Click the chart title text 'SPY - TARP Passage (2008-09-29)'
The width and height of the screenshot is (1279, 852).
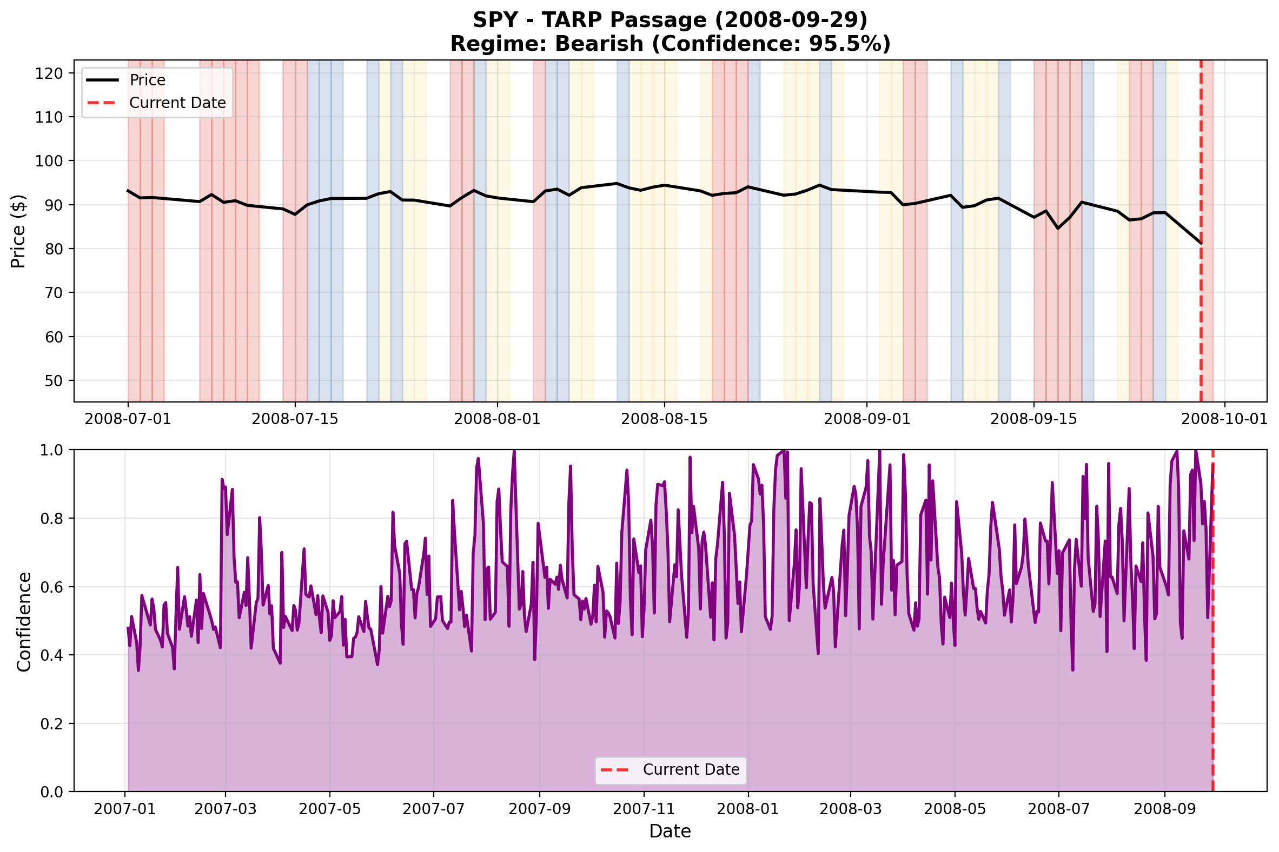click(670, 20)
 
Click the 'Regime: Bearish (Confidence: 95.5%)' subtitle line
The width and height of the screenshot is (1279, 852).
click(670, 44)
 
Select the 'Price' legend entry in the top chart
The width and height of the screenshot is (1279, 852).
click(147, 80)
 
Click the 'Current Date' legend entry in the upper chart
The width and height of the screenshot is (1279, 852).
click(177, 103)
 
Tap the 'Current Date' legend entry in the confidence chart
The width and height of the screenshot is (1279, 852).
click(691, 770)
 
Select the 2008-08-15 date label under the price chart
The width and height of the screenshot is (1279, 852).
click(664, 419)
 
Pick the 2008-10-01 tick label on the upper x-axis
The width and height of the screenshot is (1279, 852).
click(1224, 419)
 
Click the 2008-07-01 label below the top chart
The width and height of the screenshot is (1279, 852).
click(128, 419)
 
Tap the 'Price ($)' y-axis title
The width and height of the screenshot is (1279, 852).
click(18, 231)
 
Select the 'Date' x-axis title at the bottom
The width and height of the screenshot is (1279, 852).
click(670, 831)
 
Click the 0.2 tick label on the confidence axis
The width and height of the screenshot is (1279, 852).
click(52, 724)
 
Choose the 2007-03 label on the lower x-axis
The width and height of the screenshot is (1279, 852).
click(225, 809)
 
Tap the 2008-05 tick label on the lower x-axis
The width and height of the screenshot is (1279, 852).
click(955, 809)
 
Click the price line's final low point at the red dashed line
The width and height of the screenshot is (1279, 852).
click(1201, 243)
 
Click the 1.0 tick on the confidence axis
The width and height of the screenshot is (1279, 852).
click(52, 451)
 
